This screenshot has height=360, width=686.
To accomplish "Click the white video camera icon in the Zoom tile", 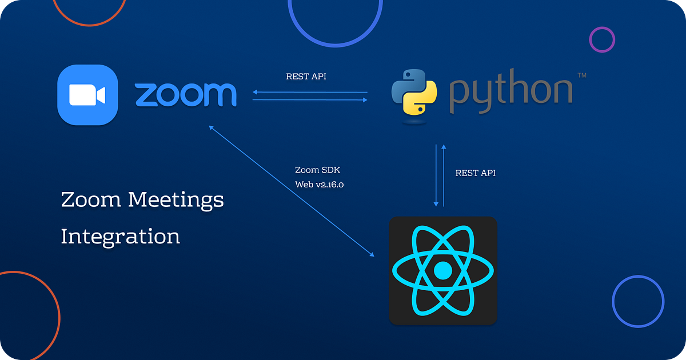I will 87,95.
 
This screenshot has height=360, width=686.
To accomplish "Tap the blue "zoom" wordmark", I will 186,95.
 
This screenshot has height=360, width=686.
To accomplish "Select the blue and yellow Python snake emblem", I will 414,95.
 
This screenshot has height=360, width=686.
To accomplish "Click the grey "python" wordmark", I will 510,94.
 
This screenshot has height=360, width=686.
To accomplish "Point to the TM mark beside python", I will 582,75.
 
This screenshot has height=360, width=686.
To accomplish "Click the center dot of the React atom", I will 442,270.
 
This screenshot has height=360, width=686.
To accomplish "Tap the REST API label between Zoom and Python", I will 306,77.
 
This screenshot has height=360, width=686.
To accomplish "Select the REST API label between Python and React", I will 475,173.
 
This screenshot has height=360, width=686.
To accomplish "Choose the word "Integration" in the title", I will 120,237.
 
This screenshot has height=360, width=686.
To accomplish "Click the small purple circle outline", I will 602,40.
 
